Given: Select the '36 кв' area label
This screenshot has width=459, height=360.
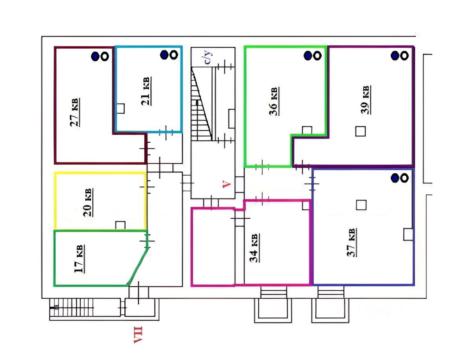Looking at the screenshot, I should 274,101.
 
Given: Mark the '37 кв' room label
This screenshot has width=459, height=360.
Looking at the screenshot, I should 352,242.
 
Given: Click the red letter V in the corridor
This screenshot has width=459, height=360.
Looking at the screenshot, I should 226,184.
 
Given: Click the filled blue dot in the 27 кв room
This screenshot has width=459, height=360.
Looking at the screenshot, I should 95,56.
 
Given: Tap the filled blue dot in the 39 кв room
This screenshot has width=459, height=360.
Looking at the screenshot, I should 395,56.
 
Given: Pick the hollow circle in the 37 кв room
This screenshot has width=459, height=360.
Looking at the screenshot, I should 404,178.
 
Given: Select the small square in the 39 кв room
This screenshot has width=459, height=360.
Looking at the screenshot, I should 361,131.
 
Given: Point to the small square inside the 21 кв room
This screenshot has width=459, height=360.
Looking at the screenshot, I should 120,108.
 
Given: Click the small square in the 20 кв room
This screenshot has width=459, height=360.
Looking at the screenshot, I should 120,225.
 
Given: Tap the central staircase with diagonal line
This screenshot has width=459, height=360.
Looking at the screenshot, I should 202,104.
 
